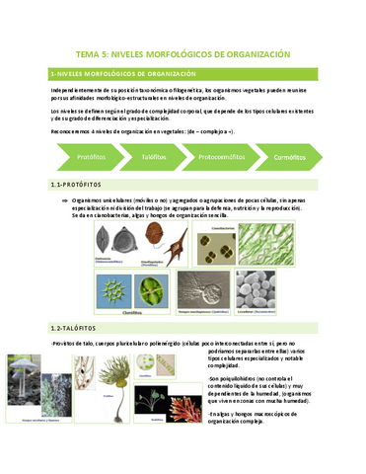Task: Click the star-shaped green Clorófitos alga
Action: coord(114,291)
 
